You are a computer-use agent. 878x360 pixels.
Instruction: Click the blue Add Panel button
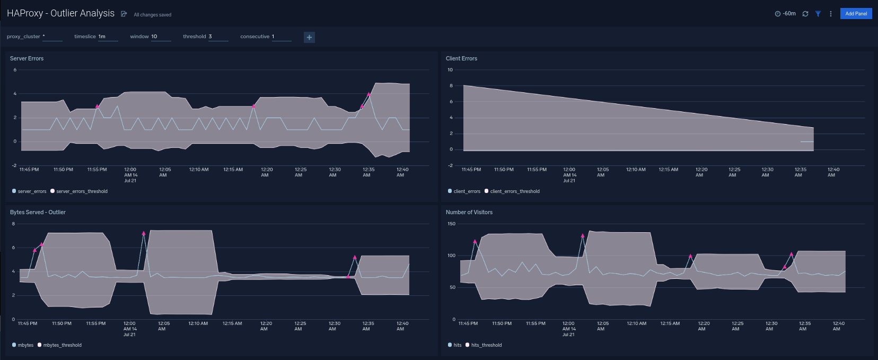point(856,14)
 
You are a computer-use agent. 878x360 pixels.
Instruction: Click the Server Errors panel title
point(27,58)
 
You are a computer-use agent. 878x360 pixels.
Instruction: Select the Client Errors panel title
point(461,58)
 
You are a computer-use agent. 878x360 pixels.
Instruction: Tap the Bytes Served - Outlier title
point(38,212)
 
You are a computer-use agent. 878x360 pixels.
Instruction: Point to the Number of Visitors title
point(469,212)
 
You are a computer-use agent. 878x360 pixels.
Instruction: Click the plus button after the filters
point(309,37)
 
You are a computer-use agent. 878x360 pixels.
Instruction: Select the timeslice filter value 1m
point(102,37)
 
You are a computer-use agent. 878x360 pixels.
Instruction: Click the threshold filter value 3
point(210,37)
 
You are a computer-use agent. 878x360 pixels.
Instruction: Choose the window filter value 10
point(154,37)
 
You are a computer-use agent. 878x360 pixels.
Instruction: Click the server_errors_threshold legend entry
point(82,191)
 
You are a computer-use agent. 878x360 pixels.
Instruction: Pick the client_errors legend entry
point(467,191)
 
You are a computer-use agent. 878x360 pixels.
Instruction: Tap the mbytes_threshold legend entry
point(62,345)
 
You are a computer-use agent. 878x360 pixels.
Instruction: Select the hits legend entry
point(457,345)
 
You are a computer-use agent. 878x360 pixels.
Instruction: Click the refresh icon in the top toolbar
point(805,14)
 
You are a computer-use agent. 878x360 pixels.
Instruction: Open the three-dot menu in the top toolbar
point(830,14)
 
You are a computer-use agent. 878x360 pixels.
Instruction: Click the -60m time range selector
point(786,14)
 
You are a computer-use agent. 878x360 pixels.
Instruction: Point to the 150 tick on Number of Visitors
point(451,224)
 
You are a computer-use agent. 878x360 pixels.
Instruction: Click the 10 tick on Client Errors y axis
point(450,70)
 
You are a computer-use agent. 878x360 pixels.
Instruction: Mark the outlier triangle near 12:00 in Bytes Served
point(144,233)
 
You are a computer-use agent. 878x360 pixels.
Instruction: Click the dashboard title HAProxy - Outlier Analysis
point(60,13)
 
